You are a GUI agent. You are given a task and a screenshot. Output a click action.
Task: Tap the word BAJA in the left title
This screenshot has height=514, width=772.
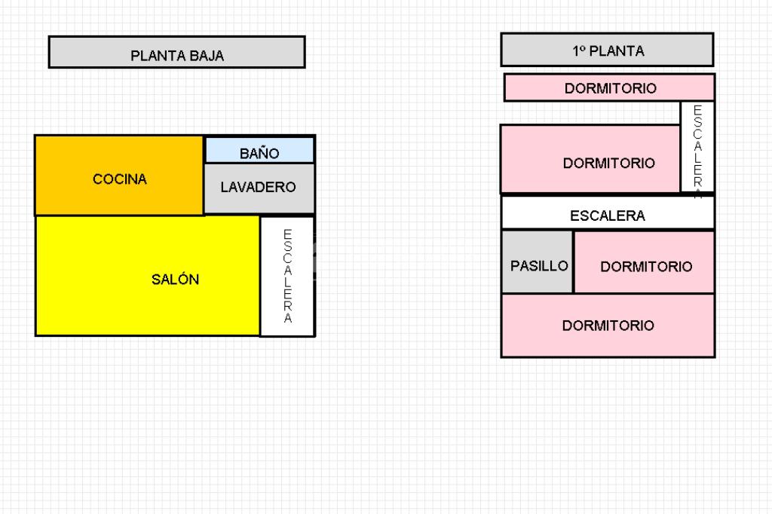tap(206, 56)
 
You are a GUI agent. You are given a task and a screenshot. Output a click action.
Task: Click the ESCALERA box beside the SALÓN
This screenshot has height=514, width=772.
tap(287, 276)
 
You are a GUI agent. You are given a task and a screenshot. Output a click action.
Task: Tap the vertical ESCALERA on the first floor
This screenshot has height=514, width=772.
tap(697, 147)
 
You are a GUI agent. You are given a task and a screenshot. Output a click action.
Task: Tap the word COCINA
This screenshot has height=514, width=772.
tap(120, 179)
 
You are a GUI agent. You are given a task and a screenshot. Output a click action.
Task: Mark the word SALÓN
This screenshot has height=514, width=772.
tap(175, 280)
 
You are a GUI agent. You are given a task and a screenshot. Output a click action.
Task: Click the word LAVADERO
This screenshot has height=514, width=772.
tap(259, 187)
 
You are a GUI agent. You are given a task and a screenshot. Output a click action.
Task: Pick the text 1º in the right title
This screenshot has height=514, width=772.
tap(579, 51)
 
